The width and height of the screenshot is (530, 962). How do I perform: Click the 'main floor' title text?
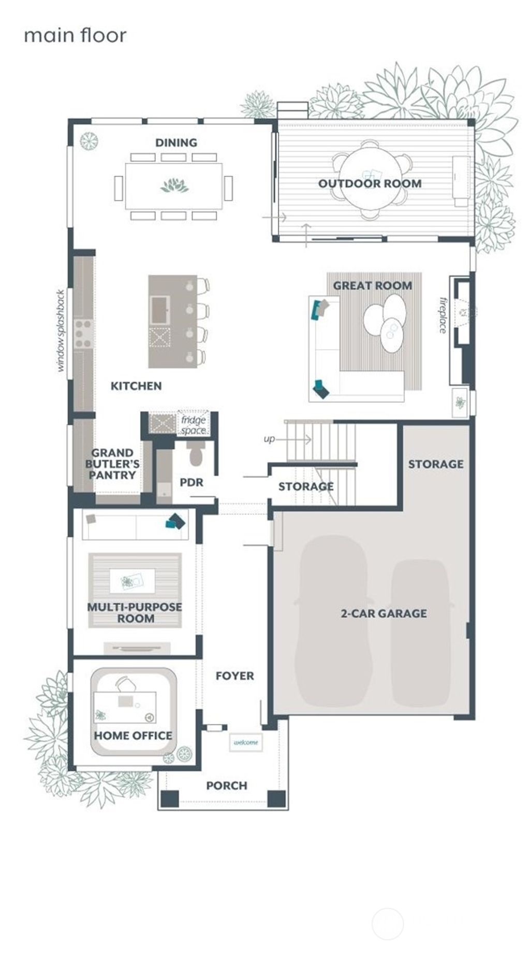75,35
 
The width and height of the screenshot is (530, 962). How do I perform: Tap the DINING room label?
176,142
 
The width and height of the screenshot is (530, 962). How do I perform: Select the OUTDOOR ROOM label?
370,183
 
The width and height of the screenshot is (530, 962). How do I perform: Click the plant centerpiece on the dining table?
174,185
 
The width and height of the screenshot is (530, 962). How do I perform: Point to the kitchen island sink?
159,310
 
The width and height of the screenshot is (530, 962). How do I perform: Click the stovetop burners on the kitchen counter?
83,334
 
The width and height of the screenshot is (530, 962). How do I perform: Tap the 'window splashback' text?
61,331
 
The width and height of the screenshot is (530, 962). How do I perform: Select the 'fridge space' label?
194,425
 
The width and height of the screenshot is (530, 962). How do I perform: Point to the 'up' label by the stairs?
269,439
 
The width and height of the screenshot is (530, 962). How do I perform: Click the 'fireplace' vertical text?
443,314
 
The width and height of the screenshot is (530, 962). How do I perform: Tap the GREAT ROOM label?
372,285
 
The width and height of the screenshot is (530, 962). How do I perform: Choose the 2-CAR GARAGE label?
384,613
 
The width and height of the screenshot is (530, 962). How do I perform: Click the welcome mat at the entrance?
246,742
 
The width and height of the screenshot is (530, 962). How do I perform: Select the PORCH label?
226,785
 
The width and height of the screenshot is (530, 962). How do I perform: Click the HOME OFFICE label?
133,736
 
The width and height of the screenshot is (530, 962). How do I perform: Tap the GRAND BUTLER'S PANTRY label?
112,464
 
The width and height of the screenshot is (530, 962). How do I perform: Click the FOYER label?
234,676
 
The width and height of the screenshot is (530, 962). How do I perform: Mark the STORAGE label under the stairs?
305,486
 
